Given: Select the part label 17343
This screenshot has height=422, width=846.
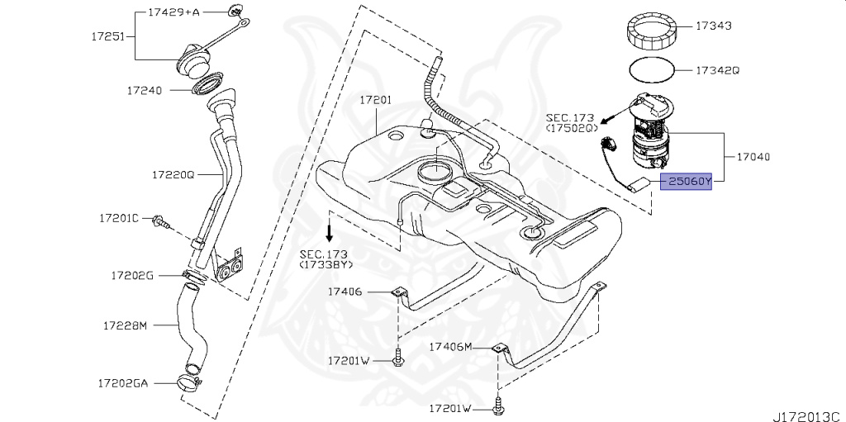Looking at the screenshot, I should click(x=713, y=26).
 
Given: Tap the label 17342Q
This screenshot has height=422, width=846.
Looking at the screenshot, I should click(x=716, y=70).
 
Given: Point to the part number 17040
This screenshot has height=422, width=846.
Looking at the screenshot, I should click(x=753, y=155).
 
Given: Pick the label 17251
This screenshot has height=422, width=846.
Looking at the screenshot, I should click(x=108, y=37).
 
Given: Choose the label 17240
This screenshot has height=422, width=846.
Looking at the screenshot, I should click(x=144, y=89).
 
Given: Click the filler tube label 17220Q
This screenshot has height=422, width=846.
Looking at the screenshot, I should click(x=172, y=175).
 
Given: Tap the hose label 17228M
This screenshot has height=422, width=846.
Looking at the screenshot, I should click(x=125, y=325).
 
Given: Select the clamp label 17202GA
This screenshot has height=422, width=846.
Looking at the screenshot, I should click(x=123, y=383).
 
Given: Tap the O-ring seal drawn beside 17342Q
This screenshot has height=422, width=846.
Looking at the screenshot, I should click(x=654, y=70).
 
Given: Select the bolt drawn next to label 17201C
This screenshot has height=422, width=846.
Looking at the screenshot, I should click(x=159, y=220).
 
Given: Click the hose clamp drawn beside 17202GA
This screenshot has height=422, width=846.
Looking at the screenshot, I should click(x=190, y=382).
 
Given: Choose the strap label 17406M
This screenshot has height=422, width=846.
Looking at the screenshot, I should click(x=450, y=347).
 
